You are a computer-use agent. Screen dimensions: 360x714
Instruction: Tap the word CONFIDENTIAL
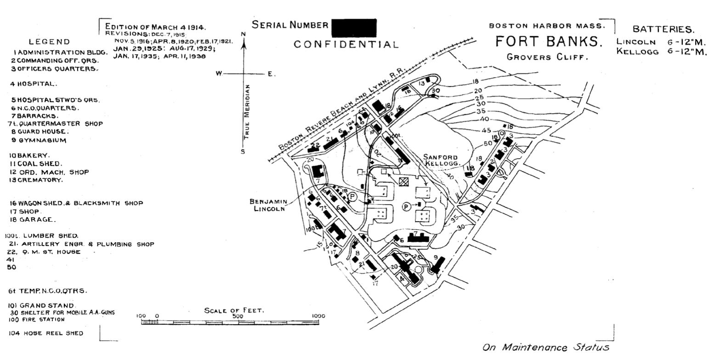pos(346,45)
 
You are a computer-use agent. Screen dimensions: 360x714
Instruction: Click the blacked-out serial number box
pos(353,28)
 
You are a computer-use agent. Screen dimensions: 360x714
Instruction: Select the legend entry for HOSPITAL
pos(34,84)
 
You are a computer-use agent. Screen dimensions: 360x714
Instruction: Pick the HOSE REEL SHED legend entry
pos(46,333)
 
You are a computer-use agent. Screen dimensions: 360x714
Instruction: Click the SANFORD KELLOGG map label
pos(441,160)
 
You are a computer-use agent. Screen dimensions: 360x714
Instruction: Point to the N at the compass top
pos(244,34)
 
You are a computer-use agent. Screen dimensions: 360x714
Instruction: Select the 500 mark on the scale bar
pos(237,316)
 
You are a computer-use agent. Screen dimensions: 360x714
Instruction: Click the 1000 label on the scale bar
pos(318,316)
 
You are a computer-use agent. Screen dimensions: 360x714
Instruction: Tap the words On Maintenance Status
pos(545,347)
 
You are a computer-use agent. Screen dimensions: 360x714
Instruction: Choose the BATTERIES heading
pos(663,30)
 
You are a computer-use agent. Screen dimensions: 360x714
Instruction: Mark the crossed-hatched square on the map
pos(403,182)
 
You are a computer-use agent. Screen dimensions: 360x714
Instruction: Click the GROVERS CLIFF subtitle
pos(547,57)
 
